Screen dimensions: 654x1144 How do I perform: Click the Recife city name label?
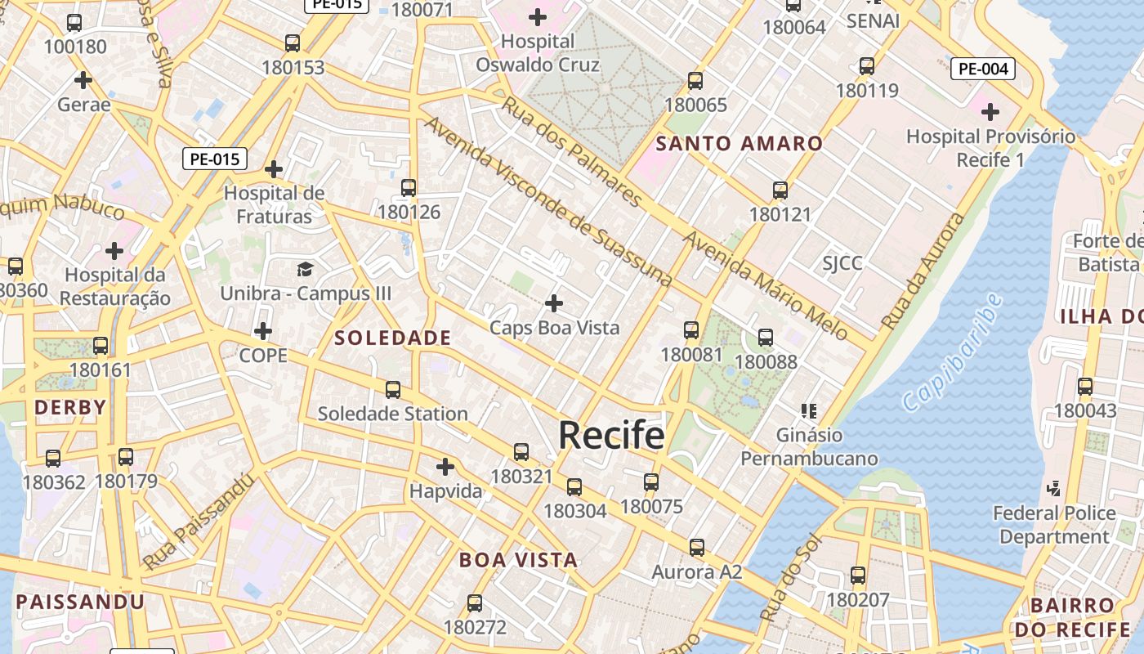pos(611,435)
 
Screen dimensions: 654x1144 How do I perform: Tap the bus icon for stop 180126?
pos(409,188)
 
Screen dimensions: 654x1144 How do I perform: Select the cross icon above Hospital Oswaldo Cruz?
pos(538,16)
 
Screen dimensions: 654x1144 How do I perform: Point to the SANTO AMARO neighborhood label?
pos(740,144)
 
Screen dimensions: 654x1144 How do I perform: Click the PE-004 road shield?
pos(982,69)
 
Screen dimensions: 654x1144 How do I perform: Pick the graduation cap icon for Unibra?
pos(305,269)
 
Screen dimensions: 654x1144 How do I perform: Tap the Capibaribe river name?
pos(953,352)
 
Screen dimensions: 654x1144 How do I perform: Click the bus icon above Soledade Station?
pos(393,389)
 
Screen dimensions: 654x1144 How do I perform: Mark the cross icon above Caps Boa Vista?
pos(554,304)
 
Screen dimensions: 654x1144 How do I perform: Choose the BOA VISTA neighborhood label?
pos(518,561)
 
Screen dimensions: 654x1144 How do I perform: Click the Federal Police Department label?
pos(1054,525)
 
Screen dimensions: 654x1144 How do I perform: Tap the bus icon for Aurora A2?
pos(696,548)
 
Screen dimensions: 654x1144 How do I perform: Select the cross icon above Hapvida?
pos(445,467)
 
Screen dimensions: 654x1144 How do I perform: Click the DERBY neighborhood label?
pos(70,407)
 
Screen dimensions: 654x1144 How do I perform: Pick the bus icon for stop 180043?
pos(1085,387)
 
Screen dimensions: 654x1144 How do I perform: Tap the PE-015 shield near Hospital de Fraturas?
pos(214,159)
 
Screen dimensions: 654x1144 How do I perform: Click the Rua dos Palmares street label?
pos(571,151)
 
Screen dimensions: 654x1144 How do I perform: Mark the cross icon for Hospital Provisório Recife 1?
pos(990,111)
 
